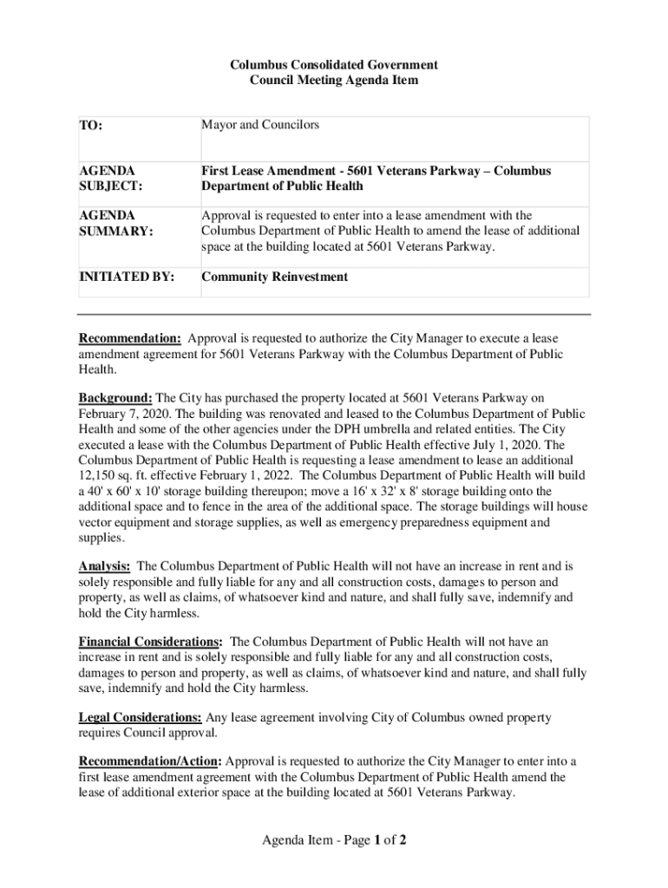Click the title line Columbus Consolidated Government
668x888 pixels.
pyautogui.click(x=334, y=65)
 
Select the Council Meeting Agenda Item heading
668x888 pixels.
pyautogui.click(x=334, y=81)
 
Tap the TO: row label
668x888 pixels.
pyautogui.click(x=91, y=127)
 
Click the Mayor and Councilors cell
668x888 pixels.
pyautogui.click(x=260, y=125)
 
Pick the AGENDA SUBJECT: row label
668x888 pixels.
pyautogui.click(x=108, y=178)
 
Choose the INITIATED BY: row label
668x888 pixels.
pyautogui.click(x=127, y=277)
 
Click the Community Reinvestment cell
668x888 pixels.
pyautogui.click(x=274, y=277)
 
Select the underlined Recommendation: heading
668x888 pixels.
pyautogui.click(x=130, y=338)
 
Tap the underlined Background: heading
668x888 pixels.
pyautogui.click(x=115, y=398)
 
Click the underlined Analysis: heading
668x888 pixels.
pyautogui.click(x=104, y=566)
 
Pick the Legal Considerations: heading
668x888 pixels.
pyautogui.click(x=141, y=718)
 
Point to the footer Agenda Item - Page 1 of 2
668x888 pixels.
pyautogui.click(x=334, y=840)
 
